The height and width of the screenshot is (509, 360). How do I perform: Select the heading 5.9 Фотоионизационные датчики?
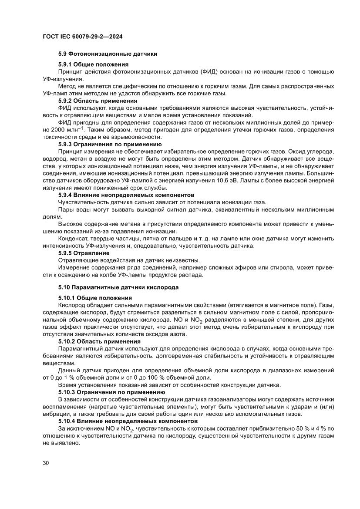(108, 54)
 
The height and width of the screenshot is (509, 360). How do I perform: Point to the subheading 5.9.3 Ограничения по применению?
(110, 144)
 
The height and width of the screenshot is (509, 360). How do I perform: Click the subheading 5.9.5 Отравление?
(84, 253)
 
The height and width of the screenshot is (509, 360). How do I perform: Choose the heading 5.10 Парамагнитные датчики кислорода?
(118, 287)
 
